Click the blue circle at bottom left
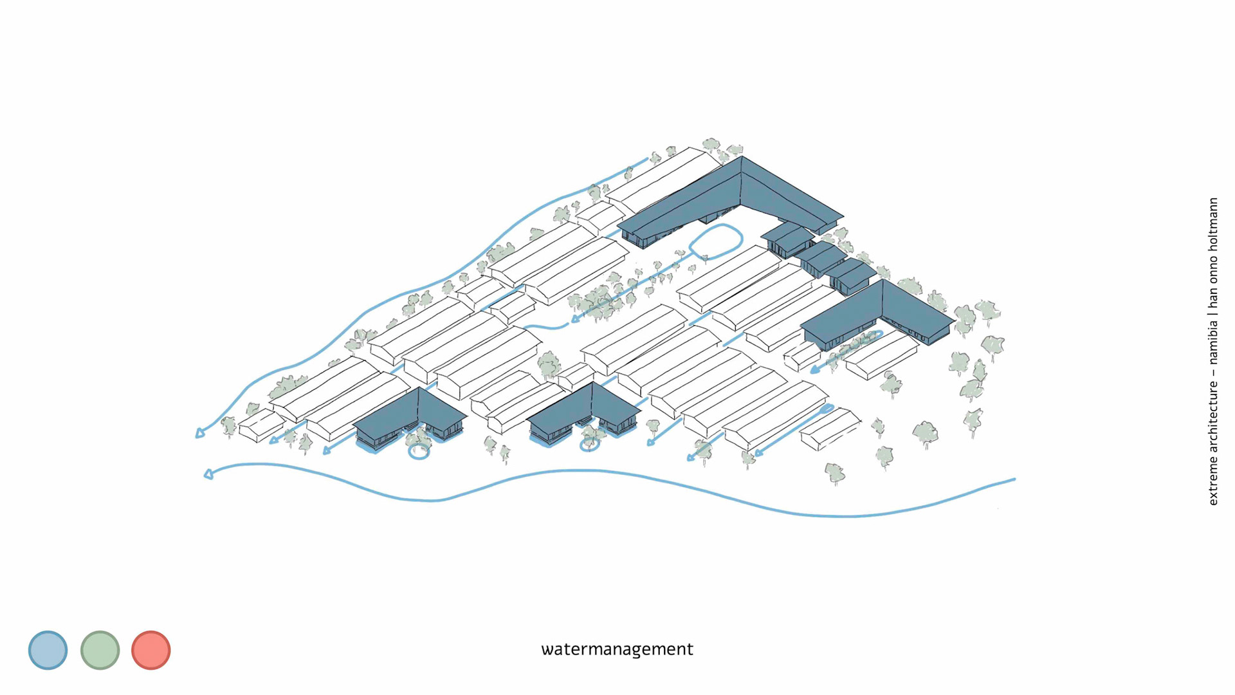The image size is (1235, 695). tap(48, 650)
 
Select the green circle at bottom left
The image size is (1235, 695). tap(100, 650)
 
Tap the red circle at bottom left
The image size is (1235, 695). tap(151, 650)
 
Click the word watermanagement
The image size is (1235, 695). tap(617, 649)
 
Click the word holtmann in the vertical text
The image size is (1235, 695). tap(1213, 223)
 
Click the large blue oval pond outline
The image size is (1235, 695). tap(716, 241)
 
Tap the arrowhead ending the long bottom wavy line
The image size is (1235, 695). tap(208, 475)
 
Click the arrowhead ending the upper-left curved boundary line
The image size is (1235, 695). tap(200, 434)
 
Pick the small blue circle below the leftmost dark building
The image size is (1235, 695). tap(419, 452)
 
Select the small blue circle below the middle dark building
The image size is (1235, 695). tap(589, 444)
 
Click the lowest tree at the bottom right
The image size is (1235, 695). tap(835, 473)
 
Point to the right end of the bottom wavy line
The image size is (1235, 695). tap(1014, 479)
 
